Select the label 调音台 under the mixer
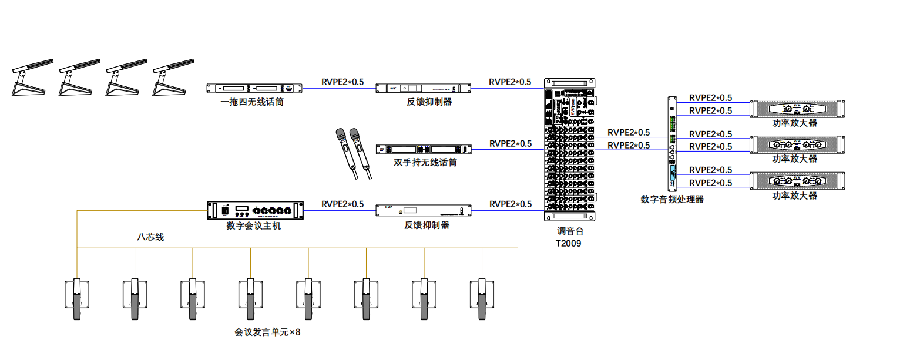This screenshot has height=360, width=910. (570, 231)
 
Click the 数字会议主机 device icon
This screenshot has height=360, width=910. (256, 210)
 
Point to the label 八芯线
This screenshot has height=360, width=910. (150, 237)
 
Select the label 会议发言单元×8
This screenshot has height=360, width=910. (267, 332)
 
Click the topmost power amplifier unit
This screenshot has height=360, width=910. (798, 109)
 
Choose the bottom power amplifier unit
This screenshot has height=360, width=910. (798, 181)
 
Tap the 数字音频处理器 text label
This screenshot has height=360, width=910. (672, 200)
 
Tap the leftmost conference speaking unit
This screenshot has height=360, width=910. (77, 300)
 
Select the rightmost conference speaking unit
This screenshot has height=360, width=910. (482, 300)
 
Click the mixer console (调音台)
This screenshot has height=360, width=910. (569, 150)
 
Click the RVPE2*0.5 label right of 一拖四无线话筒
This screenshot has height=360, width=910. (342, 82)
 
